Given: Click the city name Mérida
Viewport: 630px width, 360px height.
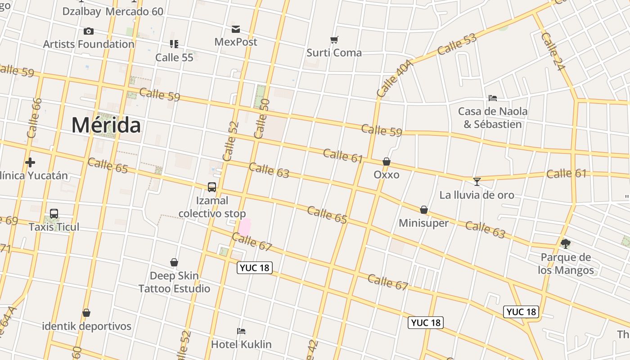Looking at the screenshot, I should click(x=106, y=125).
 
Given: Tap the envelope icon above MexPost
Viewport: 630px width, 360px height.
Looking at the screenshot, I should click(x=236, y=30).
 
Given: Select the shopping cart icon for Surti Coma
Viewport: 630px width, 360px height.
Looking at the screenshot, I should click(x=334, y=40).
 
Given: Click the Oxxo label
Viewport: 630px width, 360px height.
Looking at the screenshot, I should click(x=387, y=175).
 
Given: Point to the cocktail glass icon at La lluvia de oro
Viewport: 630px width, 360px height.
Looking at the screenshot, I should click(x=477, y=182).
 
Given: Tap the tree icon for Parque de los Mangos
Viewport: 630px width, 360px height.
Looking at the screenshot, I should click(x=566, y=244).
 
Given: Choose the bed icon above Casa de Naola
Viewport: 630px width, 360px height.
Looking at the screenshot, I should click(x=493, y=98).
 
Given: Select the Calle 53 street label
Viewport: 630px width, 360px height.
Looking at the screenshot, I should click(x=457, y=44).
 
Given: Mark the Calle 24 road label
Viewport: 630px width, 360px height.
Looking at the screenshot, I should click(x=553, y=51).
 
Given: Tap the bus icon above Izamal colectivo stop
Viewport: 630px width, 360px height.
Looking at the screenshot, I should click(x=212, y=187).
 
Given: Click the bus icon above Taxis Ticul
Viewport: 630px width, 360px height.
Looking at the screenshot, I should click(x=54, y=214).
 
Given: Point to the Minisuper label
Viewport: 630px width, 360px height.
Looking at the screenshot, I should click(x=423, y=223).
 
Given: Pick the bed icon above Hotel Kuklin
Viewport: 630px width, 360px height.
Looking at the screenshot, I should click(x=241, y=332).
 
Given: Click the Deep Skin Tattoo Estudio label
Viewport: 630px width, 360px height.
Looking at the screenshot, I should click(x=174, y=282).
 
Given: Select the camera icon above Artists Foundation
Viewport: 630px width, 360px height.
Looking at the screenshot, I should click(x=89, y=31).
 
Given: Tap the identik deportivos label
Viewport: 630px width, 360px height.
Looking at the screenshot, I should click(x=86, y=326).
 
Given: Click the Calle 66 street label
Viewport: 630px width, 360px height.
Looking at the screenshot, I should click(x=34, y=118).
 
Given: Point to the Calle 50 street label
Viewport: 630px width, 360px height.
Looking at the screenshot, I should click(x=261, y=118).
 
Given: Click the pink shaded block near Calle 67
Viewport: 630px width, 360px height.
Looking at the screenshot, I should click(x=244, y=227).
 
